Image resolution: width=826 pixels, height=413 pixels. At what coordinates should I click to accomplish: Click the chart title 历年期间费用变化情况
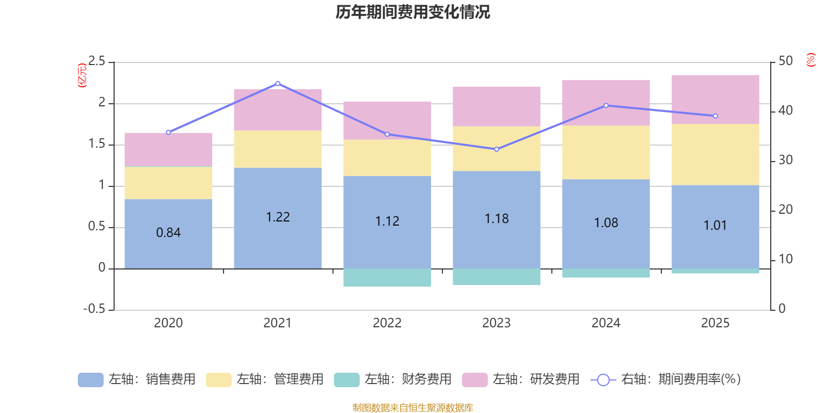click(x=412, y=12)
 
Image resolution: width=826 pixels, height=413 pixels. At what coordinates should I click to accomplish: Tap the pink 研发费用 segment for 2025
click(x=715, y=99)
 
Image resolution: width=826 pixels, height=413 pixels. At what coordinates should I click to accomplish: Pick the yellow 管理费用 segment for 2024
click(x=606, y=152)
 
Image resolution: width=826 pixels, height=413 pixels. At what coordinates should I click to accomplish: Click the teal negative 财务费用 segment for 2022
click(x=387, y=278)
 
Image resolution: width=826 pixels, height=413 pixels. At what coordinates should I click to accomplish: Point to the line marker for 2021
click(x=278, y=84)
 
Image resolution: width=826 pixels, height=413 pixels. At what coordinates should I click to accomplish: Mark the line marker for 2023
click(x=497, y=149)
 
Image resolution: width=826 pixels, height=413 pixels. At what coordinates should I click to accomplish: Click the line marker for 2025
click(x=715, y=116)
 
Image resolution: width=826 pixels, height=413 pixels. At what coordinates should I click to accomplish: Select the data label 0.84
click(x=168, y=233)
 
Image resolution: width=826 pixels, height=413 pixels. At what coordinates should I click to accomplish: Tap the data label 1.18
click(x=497, y=219)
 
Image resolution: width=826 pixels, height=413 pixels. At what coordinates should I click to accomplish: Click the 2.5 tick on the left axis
click(x=97, y=61)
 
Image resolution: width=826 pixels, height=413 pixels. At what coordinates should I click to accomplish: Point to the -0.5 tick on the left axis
click(x=94, y=309)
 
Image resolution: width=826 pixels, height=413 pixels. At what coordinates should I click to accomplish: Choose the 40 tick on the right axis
click(x=785, y=110)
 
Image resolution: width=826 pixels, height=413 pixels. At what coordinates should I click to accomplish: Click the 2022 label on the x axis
click(x=387, y=323)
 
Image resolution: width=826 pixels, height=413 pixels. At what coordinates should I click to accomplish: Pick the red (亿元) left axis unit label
click(x=82, y=75)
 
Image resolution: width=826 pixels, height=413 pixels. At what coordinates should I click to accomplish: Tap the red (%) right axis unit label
click(x=811, y=60)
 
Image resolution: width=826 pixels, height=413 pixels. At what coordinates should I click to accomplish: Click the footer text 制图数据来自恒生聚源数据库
click(x=412, y=408)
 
